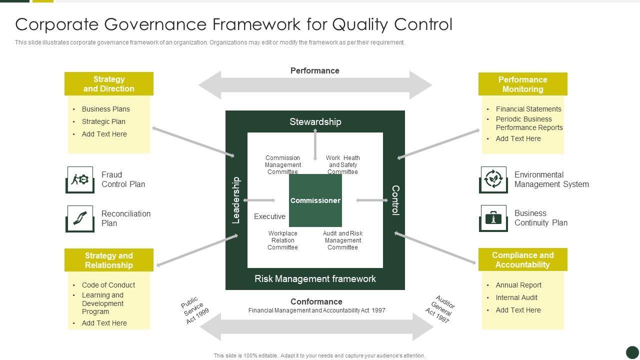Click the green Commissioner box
(315, 200)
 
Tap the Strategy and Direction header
(108, 84)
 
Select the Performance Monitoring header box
(522, 84)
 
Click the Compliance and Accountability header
(522, 260)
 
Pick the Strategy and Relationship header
(108, 260)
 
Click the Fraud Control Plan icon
(80, 179)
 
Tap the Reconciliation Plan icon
(80, 218)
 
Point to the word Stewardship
(315, 121)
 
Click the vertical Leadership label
(236, 200)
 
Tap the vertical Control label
(395, 200)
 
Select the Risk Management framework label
(315, 278)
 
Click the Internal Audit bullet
(516, 297)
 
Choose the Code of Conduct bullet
(108, 285)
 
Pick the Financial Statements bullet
(528, 109)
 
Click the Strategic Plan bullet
(103, 121)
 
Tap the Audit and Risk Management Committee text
(342, 240)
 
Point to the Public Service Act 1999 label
(195, 310)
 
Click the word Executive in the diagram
(269, 216)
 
